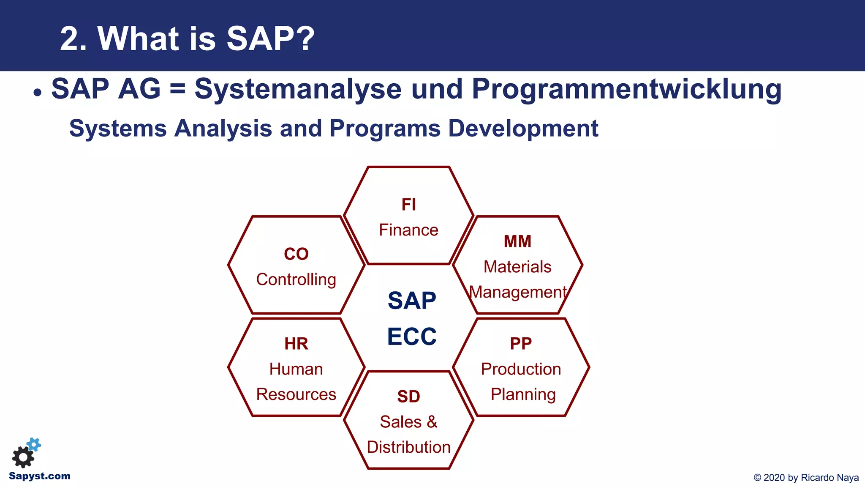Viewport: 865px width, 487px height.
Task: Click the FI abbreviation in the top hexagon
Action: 408,205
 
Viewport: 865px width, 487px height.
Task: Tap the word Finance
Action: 408,230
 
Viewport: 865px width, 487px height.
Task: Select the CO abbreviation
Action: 296,254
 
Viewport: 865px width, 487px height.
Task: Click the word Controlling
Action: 296,279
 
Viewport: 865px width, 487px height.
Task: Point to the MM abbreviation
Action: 517,241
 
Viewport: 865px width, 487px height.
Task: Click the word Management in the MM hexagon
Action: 517,292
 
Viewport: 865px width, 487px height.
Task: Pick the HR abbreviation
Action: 296,344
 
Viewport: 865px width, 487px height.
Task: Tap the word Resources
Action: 296,394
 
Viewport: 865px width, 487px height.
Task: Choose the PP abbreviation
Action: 521,344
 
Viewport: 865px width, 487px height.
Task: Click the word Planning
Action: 523,394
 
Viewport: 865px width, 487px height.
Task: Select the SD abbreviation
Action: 408,397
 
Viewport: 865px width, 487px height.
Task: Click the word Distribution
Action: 408,447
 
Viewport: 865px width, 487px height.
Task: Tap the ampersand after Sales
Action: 432,422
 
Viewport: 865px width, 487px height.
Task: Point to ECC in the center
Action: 412,337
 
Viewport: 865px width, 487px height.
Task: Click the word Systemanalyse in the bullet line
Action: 298,90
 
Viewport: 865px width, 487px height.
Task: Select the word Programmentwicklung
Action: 626,90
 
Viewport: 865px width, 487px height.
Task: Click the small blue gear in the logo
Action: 34,444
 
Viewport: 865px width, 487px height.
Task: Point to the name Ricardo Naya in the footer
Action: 830,478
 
